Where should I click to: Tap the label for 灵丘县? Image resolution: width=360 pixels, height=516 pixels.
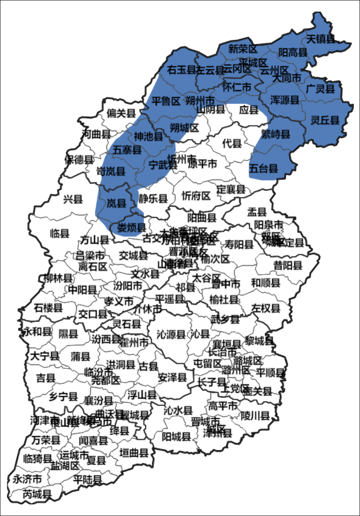pyautogui.click(x=325, y=120)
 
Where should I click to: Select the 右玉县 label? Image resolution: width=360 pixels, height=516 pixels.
pyautogui.click(x=181, y=70)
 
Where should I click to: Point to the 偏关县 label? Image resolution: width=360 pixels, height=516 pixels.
pyautogui.click(x=121, y=113)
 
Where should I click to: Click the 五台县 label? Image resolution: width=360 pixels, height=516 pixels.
pyautogui.click(x=263, y=168)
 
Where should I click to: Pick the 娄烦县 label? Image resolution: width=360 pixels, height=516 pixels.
pyautogui.click(x=131, y=227)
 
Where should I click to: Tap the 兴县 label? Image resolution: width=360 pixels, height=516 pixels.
pyautogui.click(x=73, y=199)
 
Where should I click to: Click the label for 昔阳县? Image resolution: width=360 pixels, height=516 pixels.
pyautogui.click(x=288, y=265)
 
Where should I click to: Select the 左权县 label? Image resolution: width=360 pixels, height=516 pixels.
pyautogui.click(x=266, y=308)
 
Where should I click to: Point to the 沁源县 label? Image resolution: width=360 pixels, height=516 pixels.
pyautogui.click(x=171, y=334)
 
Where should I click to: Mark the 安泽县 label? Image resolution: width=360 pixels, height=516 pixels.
pyautogui.click(x=172, y=377)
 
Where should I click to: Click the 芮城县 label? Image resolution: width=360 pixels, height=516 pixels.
pyautogui.click(x=37, y=494)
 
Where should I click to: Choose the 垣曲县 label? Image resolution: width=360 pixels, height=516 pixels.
pyautogui.click(x=134, y=453)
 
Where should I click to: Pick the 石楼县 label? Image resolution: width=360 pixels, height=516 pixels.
pyautogui.click(x=48, y=308)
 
